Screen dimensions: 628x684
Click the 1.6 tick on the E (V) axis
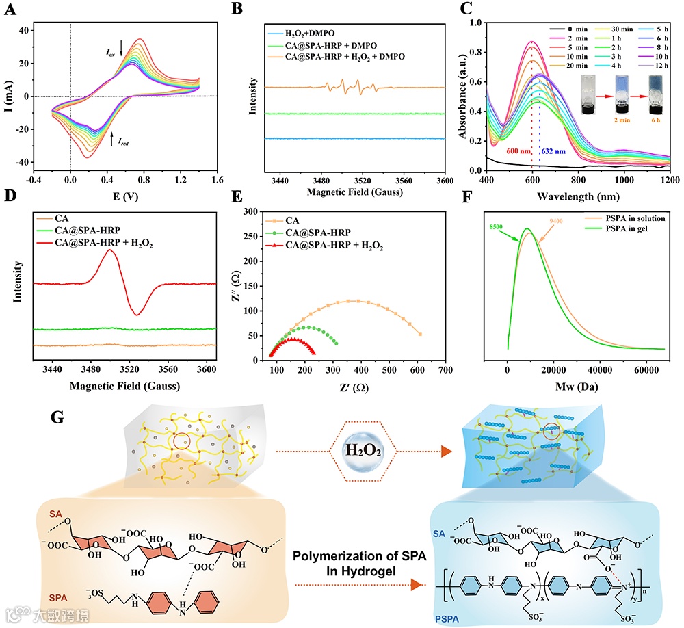pos(217,181)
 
